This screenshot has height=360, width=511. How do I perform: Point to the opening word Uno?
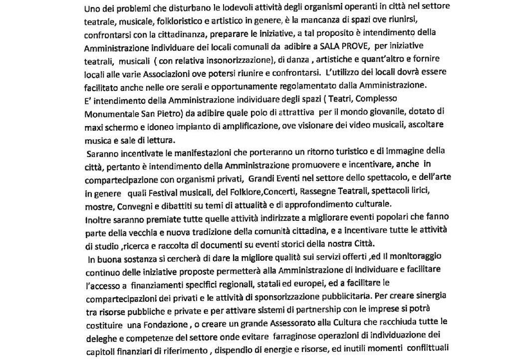93,9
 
